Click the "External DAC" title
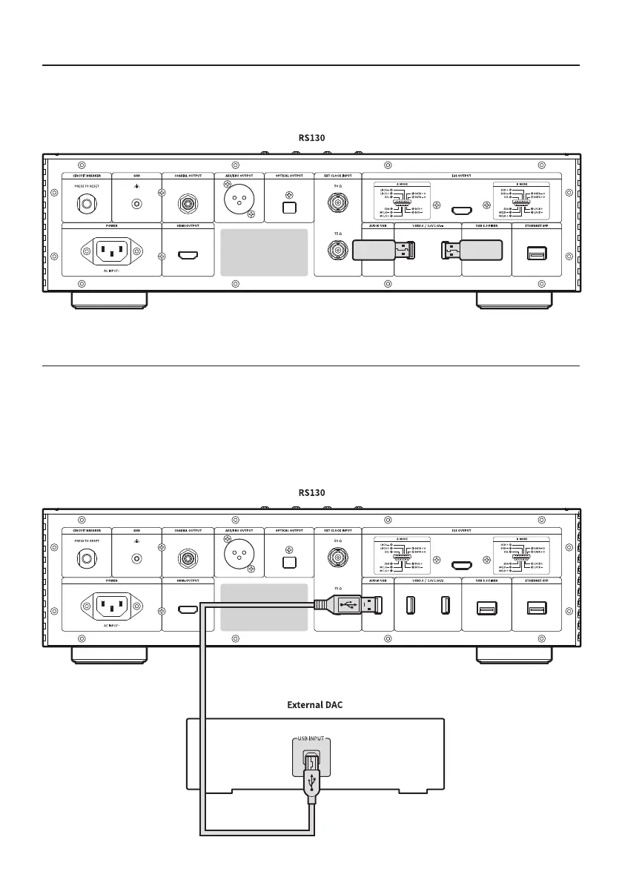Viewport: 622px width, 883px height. pyautogui.click(x=316, y=705)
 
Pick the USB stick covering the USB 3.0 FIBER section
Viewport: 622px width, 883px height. pyautogui.click(x=473, y=251)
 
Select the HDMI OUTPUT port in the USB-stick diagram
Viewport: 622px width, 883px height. pyautogui.click(x=188, y=257)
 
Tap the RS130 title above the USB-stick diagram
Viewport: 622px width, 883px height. pyautogui.click(x=312, y=137)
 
